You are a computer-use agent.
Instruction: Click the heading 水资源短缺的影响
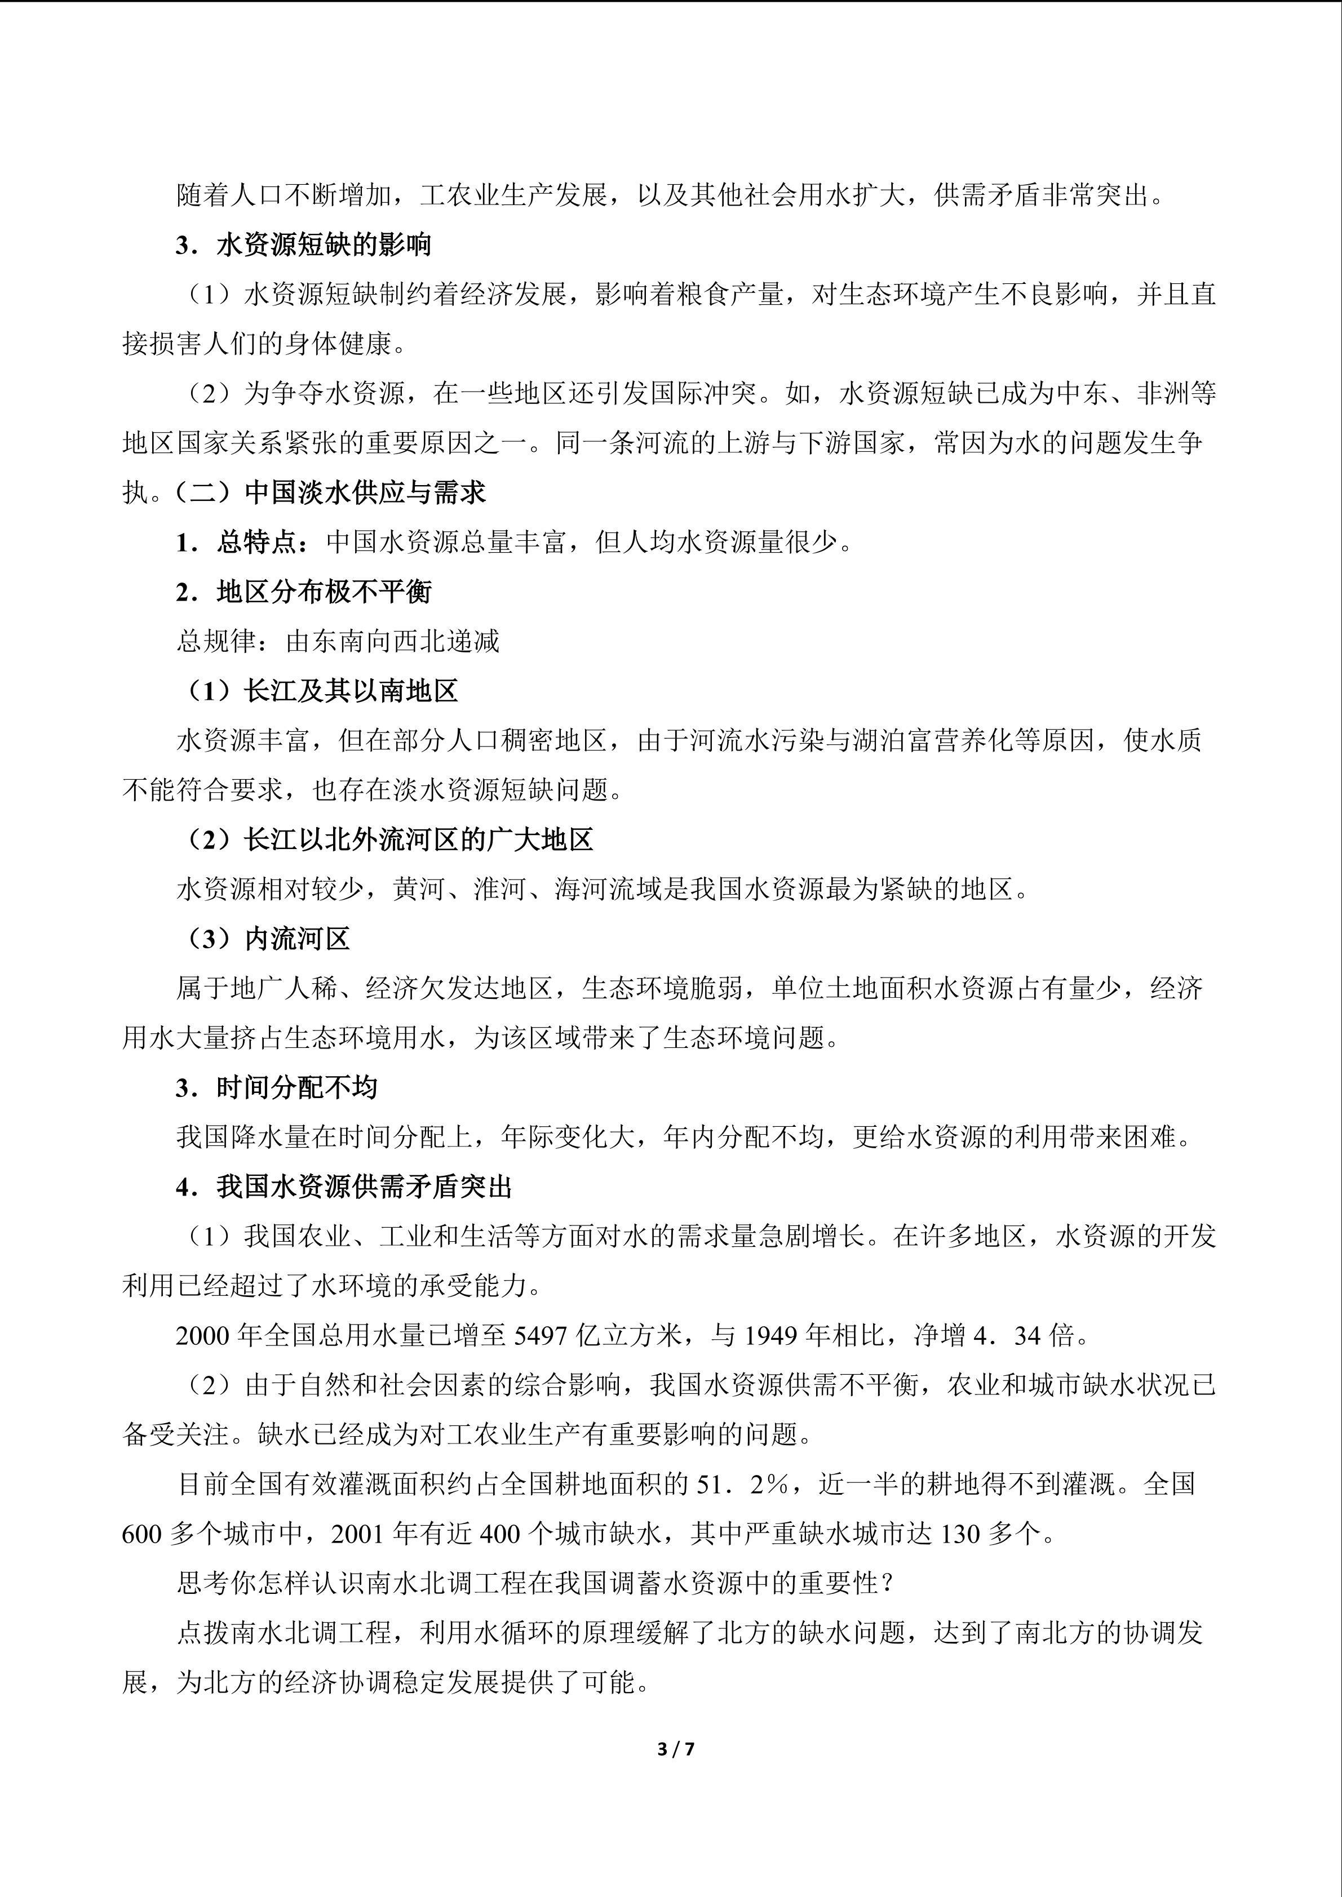pyautogui.click(x=324, y=246)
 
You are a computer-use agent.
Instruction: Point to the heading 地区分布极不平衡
pyautogui.click(x=324, y=592)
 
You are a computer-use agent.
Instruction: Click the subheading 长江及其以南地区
pyautogui.click(x=351, y=691)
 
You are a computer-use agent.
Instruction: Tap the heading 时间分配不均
pyautogui.click(x=296, y=1088)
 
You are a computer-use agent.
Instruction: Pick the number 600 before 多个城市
pyautogui.click(x=142, y=1534)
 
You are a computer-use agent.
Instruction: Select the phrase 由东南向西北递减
pyautogui.click(x=392, y=642)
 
